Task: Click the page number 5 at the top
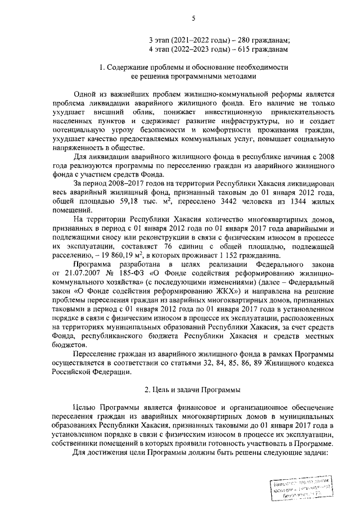(x=193, y=19)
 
